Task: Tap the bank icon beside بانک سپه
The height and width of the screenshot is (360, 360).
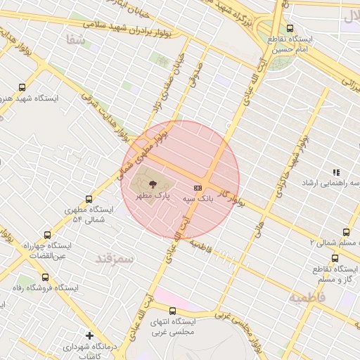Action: (198, 188)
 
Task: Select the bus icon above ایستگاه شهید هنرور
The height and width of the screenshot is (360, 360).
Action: (22, 88)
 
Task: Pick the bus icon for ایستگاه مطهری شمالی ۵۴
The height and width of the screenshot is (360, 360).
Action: (88, 199)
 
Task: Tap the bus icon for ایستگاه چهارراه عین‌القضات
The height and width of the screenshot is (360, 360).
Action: (48, 236)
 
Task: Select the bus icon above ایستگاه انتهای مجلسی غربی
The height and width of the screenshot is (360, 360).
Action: (172, 310)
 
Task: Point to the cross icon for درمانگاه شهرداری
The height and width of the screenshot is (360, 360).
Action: (89, 335)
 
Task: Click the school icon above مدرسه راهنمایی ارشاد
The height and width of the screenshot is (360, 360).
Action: (335, 172)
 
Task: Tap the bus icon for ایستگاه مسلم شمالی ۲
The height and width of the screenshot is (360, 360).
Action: (346, 232)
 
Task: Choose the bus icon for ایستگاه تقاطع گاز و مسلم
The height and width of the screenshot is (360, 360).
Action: (346, 259)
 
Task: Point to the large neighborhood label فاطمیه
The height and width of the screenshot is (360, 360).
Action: (307, 297)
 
